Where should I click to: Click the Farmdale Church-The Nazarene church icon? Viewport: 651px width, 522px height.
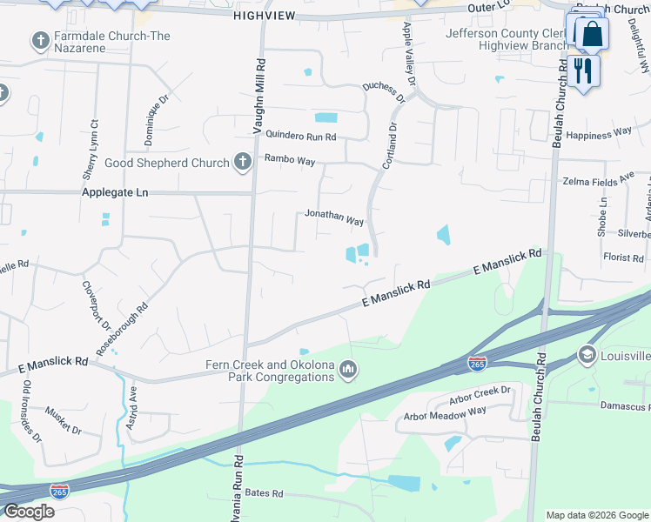coord(39,41)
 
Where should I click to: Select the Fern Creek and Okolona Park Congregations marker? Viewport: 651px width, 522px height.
coord(348,371)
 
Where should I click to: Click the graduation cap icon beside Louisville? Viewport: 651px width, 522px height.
coord(587,355)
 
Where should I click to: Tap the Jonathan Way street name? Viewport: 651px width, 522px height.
coord(334,217)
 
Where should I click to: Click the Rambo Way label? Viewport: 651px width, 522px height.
coord(290,160)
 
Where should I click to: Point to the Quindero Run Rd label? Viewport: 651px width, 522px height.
coord(300,135)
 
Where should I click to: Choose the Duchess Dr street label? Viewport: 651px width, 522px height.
coord(384,90)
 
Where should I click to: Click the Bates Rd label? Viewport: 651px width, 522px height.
coord(265,493)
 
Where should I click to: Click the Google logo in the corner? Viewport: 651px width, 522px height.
coord(29,512)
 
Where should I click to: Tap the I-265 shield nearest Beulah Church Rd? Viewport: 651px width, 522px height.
coord(477,363)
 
